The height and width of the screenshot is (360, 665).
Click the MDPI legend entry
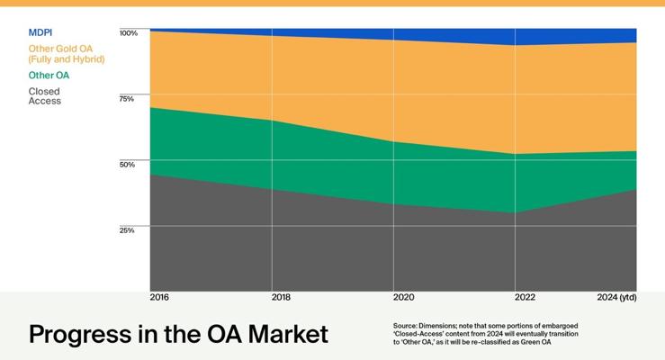tap(40, 32)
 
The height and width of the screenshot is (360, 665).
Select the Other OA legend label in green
tap(49, 76)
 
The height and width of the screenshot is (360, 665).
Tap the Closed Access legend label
tap(45, 96)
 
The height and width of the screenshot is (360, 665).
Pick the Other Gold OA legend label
tap(66, 53)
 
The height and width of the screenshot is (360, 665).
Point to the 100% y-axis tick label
tap(129, 33)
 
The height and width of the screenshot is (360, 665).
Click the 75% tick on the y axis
tap(127, 99)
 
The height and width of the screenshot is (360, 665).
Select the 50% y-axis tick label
tap(127, 165)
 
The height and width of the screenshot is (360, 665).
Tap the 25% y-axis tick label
tap(127, 230)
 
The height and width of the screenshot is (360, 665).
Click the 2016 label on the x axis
tap(159, 297)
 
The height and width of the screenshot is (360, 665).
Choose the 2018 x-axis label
tap(281, 297)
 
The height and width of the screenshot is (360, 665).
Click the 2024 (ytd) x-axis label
tap(616, 297)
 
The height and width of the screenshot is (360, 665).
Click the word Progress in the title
tap(82, 335)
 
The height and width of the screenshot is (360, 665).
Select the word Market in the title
tap(283, 334)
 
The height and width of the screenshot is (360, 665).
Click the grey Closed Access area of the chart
tap(360, 252)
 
